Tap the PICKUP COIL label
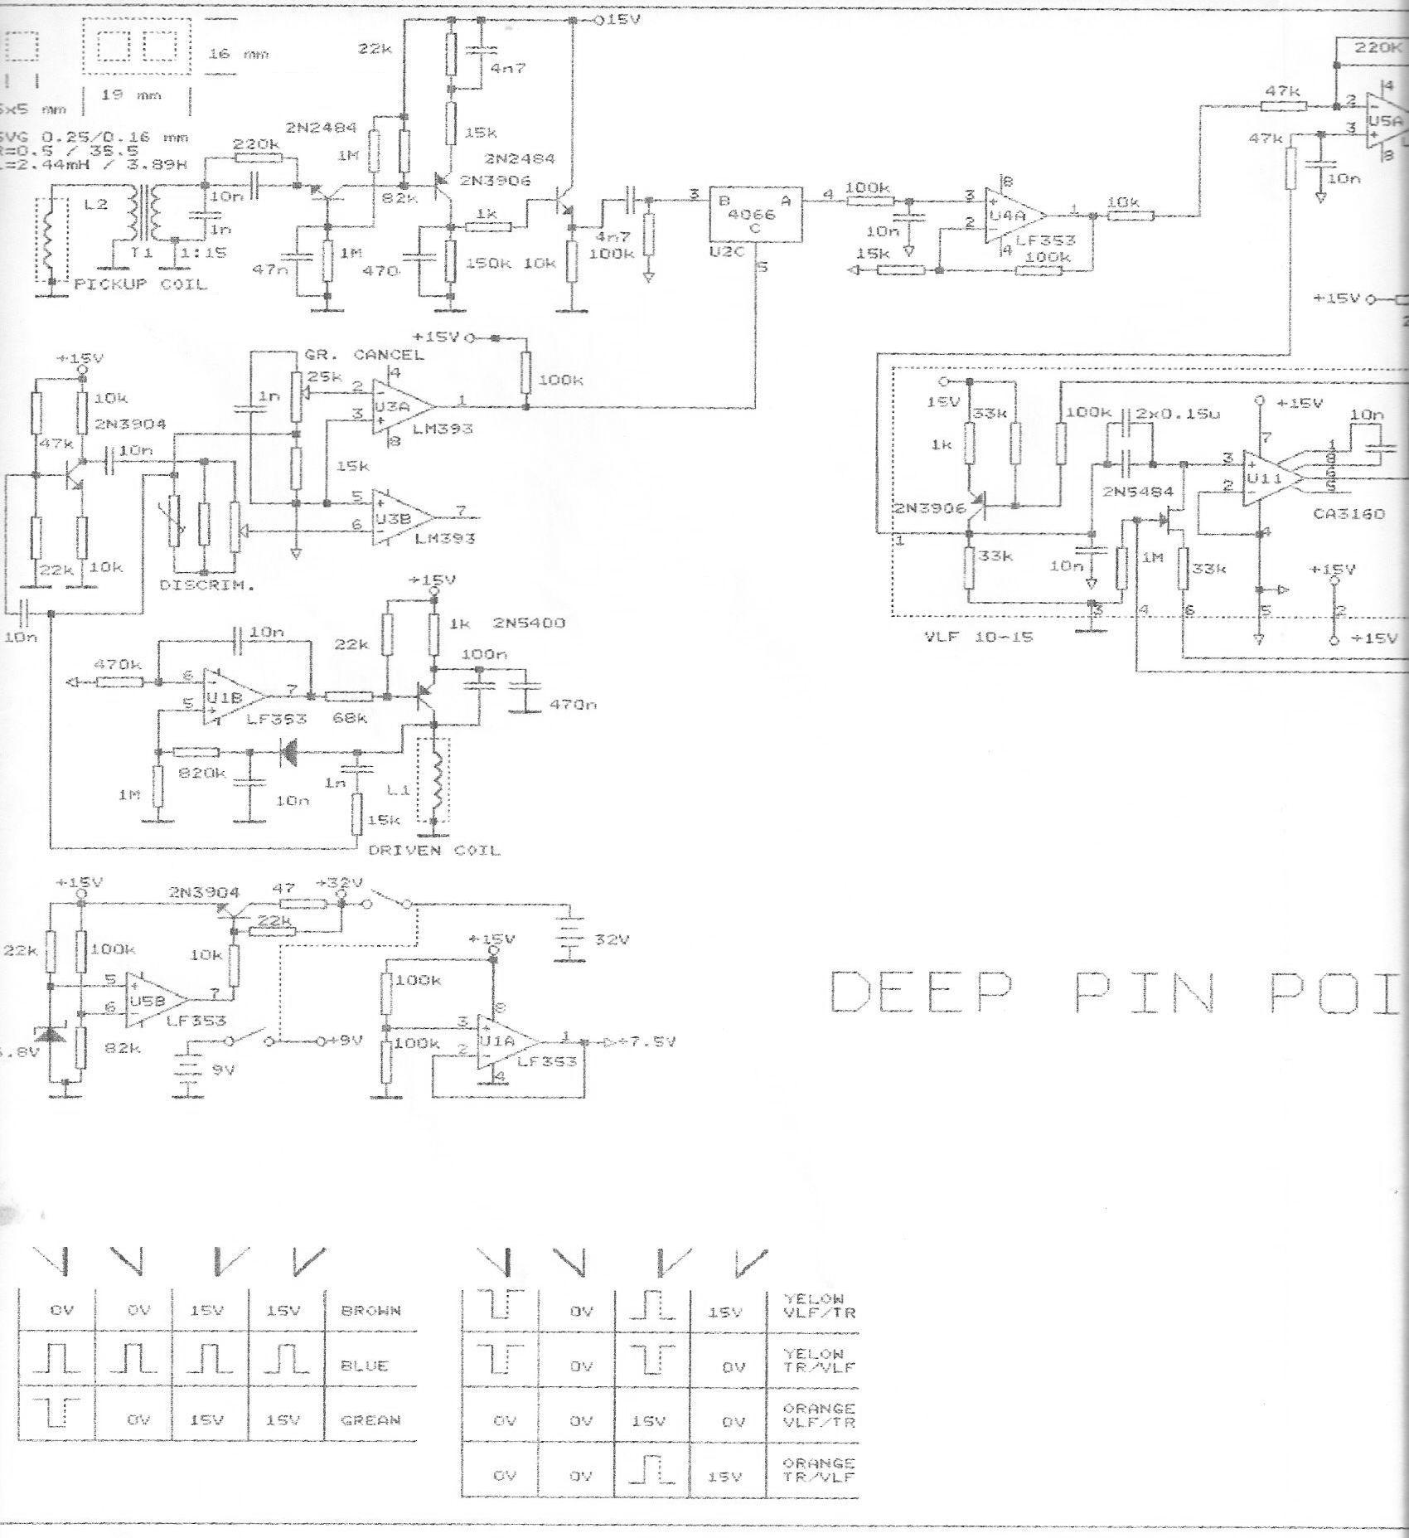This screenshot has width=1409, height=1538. pos(140,284)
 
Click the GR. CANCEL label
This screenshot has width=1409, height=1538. pos(364,355)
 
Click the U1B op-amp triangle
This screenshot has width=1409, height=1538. pos(233,696)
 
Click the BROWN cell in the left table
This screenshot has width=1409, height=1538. pos(370,1311)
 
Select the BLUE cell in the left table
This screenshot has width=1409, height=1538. pos(364,1365)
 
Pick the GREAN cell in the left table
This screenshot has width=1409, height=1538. pos(370,1419)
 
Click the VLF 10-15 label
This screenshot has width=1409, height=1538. pos(978,638)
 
